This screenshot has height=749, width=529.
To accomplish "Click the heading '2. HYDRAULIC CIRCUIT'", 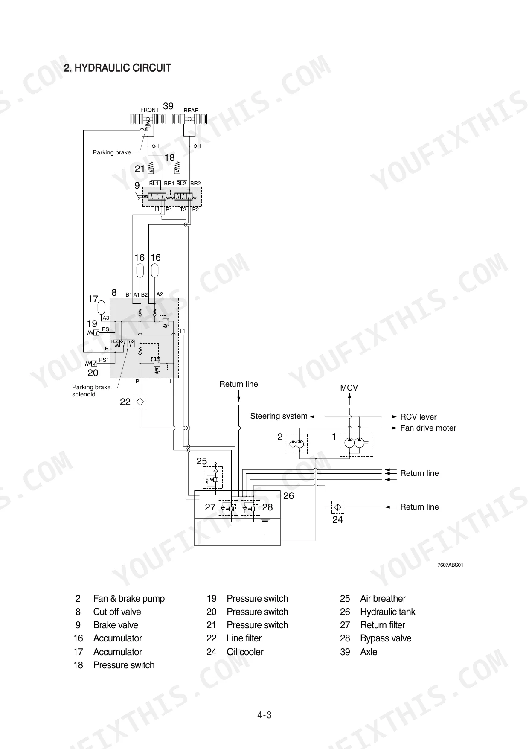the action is [x=117, y=68].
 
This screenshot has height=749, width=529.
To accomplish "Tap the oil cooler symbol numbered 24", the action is [x=337, y=507].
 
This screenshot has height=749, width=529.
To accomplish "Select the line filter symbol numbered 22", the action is [x=140, y=402].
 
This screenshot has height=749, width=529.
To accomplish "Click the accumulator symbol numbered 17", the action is [x=101, y=307].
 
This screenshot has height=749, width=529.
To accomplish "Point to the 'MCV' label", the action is [x=349, y=388].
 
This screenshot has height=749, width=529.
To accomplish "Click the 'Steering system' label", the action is [x=279, y=416].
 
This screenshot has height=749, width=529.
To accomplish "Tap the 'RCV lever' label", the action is [x=419, y=417].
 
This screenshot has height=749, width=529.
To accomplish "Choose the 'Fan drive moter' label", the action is [x=428, y=428].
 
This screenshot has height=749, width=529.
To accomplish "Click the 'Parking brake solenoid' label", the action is [x=91, y=391].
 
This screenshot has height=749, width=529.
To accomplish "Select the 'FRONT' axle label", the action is [x=150, y=110].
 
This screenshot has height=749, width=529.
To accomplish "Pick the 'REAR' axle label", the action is [x=191, y=110].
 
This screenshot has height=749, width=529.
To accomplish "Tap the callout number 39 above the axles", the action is [x=169, y=106].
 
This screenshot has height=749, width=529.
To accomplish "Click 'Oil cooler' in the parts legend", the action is [x=245, y=652].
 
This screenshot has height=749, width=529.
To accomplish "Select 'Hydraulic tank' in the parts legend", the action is [x=387, y=612].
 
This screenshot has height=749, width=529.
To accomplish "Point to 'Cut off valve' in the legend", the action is [x=117, y=612].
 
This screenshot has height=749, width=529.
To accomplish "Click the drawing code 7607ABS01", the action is [x=451, y=565].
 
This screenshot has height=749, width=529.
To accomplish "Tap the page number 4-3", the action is [x=264, y=715].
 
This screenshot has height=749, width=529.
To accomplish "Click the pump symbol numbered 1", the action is [x=356, y=444].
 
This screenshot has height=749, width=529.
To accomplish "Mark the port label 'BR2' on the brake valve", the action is [x=195, y=184].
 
